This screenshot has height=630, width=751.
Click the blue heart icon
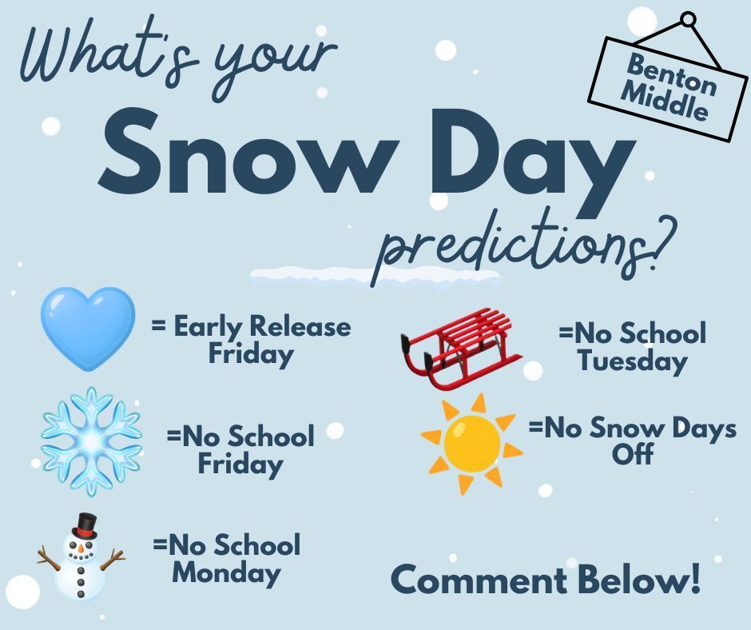(x=88, y=328)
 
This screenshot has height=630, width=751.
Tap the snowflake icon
(x=91, y=440)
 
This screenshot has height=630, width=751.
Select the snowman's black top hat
(x=84, y=526)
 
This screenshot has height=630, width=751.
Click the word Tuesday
(x=632, y=361)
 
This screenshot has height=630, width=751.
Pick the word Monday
(x=227, y=572)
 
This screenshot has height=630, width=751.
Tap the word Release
(x=300, y=326)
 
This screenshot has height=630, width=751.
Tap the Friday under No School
(x=240, y=464)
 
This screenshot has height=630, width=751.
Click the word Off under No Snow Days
(x=633, y=454)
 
